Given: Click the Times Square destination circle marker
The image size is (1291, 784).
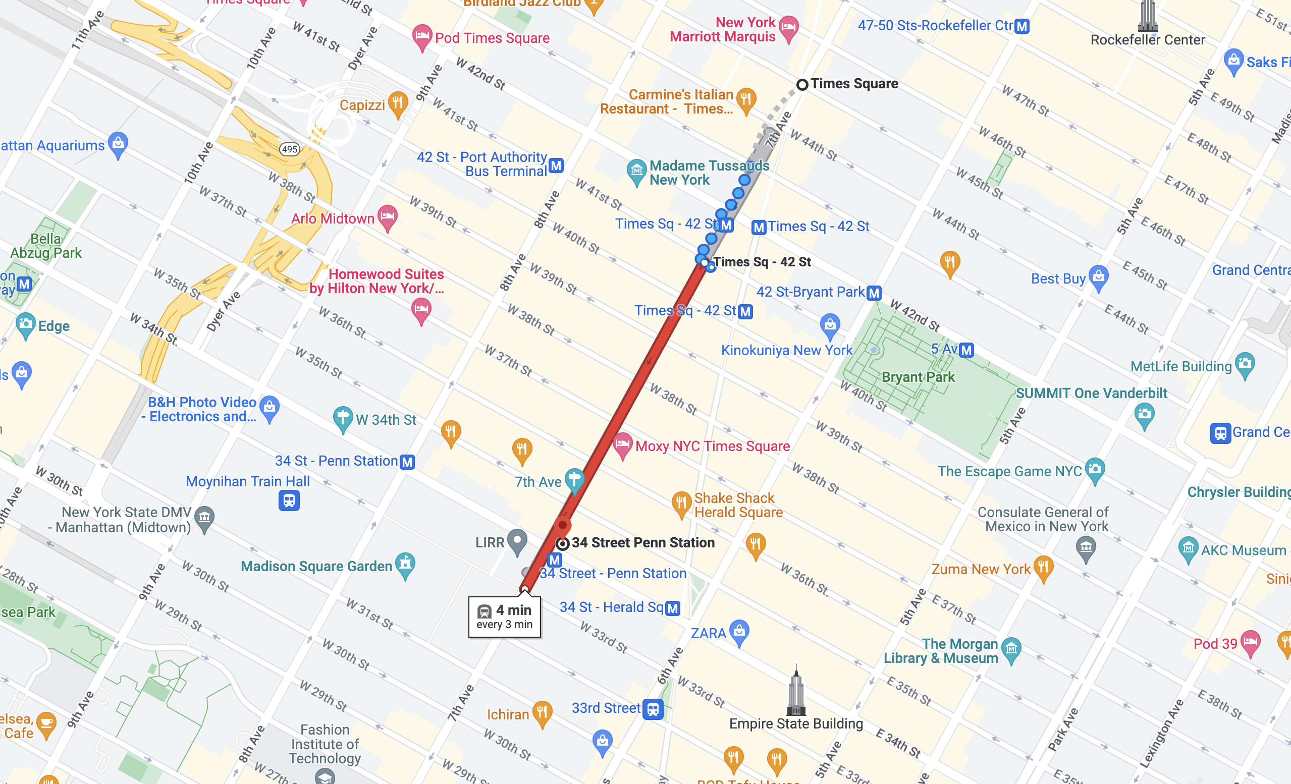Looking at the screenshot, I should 802,84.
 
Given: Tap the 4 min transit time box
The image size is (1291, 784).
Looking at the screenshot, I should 504,617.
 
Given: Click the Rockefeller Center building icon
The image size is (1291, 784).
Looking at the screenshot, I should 1148,16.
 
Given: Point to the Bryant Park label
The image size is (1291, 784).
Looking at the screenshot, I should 918,377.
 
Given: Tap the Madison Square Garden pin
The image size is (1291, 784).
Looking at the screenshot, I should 405,565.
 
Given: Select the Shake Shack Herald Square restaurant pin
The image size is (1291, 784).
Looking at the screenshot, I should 681,503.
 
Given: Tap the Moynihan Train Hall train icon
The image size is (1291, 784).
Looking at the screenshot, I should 289,500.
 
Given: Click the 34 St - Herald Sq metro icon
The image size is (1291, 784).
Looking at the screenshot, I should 673,608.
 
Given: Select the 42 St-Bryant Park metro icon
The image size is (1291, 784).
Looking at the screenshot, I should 874,293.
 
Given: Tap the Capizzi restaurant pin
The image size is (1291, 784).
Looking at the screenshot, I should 398,104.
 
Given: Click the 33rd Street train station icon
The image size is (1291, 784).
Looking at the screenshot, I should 653,709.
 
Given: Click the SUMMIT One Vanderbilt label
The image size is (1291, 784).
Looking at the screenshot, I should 1091,394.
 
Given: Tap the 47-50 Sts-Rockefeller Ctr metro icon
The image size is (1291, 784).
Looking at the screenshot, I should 1021,26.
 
